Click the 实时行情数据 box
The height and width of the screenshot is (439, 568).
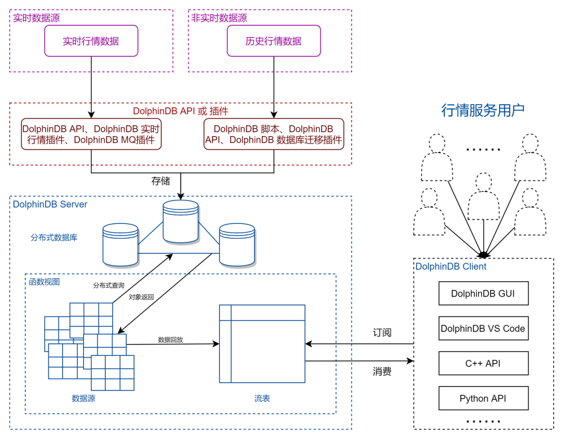point(91,42)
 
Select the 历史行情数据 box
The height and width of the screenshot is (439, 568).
point(273,42)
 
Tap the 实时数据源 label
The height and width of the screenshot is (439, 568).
point(36,18)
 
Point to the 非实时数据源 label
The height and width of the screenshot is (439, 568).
point(219,18)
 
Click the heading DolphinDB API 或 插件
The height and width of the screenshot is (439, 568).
point(180,111)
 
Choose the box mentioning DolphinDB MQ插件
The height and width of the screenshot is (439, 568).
point(91,134)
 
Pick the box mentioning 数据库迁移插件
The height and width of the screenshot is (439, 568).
point(273,134)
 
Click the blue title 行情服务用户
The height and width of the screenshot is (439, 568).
point(483,110)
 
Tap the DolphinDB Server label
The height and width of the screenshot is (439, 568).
point(50,205)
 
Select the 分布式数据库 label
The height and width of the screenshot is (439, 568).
point(54,238)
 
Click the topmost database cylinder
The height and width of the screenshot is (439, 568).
point(180,221)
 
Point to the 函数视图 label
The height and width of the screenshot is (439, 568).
point(44,282)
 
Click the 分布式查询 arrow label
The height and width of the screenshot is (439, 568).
point(109,285)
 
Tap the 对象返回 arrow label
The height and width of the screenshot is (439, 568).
point(141,297)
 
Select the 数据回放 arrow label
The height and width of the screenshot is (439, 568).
point(170,340)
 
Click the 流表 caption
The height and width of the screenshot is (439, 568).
point(262,399)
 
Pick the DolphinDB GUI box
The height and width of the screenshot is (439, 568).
point(483,293)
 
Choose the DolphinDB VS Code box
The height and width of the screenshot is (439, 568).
point(483,329)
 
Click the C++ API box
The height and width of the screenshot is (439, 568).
point(483,363)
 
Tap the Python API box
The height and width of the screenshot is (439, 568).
point(483,398)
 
